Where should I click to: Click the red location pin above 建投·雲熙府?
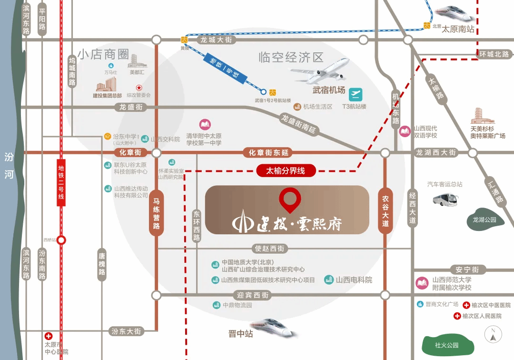coord(290,199)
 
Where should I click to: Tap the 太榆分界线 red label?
coord(286,170)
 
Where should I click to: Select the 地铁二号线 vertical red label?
coord(61,182)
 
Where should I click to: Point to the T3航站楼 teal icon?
coord(356,94)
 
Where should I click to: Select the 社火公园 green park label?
coord(446,345)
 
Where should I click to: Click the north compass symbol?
coord(493,335)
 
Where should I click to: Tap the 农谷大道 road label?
coord(385,210)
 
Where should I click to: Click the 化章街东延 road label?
coord(267,153)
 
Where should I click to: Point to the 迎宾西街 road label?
coord(253,295)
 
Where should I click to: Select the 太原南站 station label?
coord(458,29)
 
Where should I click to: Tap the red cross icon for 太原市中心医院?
coord(49,336)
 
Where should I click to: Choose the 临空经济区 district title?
coord(291,58)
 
